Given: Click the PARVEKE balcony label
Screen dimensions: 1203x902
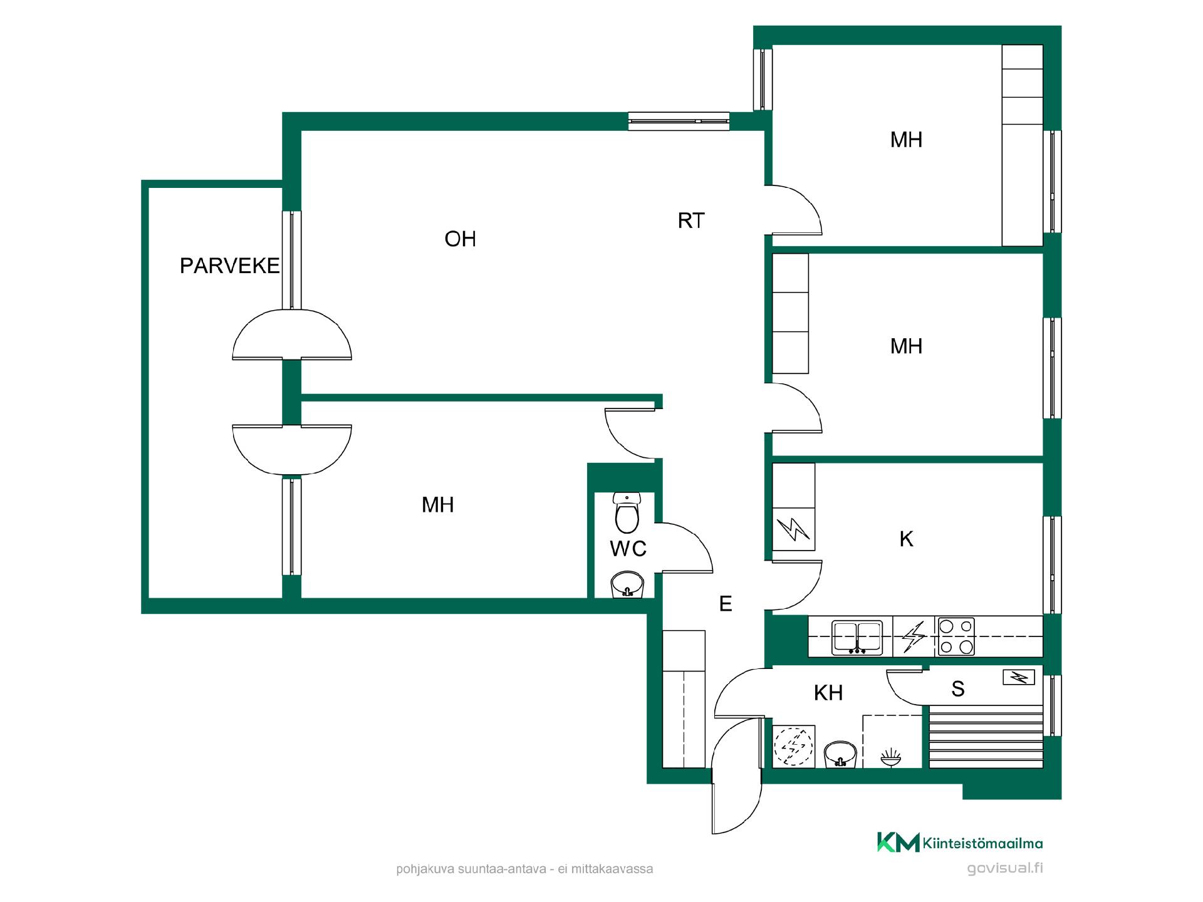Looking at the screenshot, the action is click(x=229, y=266).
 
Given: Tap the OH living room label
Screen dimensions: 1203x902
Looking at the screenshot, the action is click(x=460, y=239).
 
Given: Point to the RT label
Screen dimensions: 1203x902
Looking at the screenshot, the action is click(x=691, y=220).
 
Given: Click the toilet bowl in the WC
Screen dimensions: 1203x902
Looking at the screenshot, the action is click(x=627, y=512).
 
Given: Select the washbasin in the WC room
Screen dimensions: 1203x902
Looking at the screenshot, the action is click(x=627, y=584).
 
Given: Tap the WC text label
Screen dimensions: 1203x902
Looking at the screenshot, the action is click(x=628, y=549).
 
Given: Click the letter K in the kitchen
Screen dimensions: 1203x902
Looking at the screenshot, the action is click(x=906, y=539).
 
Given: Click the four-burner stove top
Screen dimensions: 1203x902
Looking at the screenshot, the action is click(x=956, y=636).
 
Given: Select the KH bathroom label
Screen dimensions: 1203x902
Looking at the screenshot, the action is click(x=828, y=693).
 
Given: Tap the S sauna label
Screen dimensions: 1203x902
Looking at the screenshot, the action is click(x=957, y=689).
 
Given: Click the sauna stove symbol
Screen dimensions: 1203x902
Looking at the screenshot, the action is click(x=1018, y=677).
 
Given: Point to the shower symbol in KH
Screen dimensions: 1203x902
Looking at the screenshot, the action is click(x=891, y=758).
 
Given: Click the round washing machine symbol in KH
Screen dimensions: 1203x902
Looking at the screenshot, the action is click(x=794, y=746).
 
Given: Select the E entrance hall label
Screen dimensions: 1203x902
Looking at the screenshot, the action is click(x=726, y=603).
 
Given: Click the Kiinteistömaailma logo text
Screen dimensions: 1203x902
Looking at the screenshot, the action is click(x=982, y=844).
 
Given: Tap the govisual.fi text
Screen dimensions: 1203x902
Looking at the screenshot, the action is click(x=1005, y=869).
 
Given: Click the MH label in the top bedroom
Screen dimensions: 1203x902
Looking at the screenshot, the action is click(x=906, y=140).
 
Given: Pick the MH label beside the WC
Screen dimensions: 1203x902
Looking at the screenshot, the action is click(x=437, y=505).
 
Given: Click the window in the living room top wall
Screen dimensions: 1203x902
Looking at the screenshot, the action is click(x=679, y=121).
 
